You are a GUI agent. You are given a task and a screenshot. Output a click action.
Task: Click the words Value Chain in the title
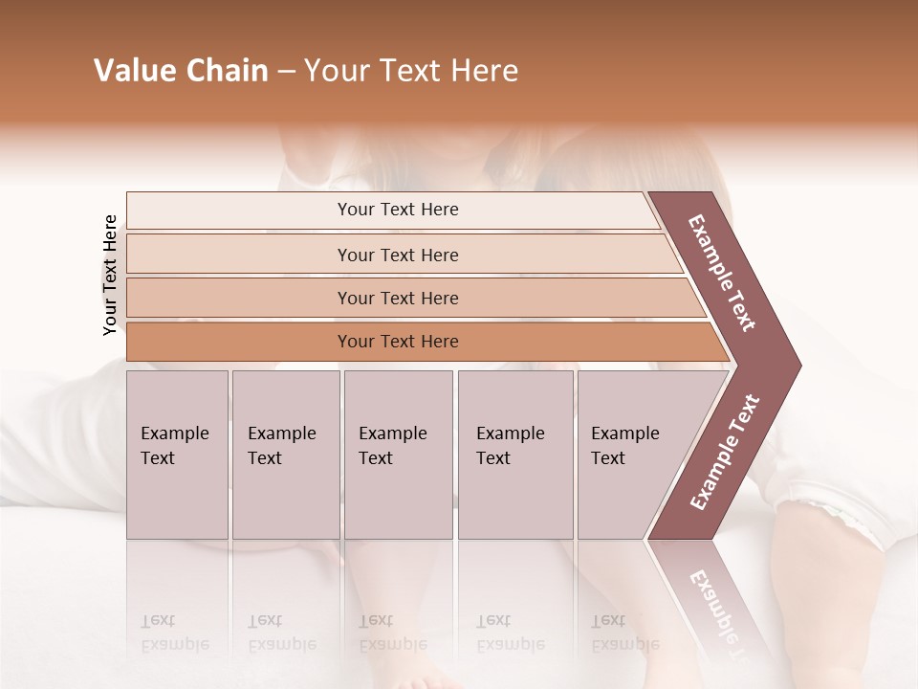(181, 71)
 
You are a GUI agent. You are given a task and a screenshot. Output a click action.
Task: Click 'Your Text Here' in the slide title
(411, 71)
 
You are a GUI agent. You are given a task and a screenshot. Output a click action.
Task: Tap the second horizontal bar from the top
(397, 255)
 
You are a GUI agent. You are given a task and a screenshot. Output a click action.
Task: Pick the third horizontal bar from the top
(397, 298)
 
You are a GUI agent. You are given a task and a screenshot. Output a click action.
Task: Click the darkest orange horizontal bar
(397, 342)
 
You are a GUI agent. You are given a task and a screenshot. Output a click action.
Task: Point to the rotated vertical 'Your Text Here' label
(110, 275)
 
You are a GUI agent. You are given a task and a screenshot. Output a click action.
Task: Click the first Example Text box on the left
(177, 454)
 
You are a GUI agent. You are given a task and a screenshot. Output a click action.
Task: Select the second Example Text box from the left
(285, 454)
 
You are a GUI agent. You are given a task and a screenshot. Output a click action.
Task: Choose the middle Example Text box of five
(398, 454)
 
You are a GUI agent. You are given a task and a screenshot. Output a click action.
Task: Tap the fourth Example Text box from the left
(514, 454)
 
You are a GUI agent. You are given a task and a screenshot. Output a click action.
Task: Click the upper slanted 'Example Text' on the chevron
(723, 273)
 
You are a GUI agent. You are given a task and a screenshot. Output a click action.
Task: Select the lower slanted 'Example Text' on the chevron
(725, 453)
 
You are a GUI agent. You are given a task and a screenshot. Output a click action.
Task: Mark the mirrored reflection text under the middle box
(392, 632)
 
